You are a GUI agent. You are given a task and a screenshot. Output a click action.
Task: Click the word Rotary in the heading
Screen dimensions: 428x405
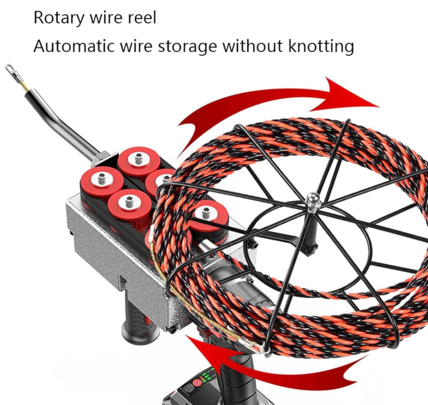(x=59, y=18)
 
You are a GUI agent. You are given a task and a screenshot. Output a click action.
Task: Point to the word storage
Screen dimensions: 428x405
(x=187, y=46)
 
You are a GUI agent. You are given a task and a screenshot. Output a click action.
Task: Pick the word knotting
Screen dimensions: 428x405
(x=321, y=46)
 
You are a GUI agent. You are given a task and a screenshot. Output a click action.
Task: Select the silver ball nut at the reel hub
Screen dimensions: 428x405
(x=312, y=199)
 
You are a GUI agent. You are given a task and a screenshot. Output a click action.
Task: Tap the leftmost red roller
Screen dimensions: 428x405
(x=102, y=181)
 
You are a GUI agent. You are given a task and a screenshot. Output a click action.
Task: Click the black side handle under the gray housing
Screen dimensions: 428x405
(x=139, y=321)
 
